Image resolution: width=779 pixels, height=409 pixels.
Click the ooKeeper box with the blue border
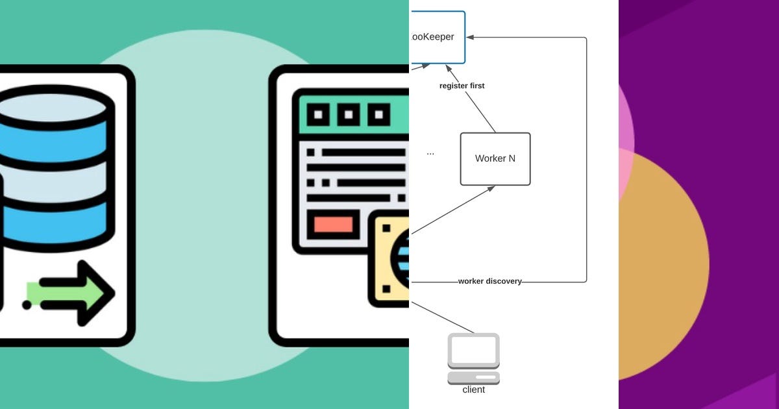tap(437, 37)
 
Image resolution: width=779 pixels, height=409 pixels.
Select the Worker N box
tap(495, 159)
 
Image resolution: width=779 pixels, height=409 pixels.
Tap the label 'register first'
tap(462, 86)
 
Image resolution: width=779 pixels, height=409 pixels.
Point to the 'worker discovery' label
tap(489, 281)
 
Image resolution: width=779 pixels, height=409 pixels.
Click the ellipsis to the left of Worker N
tap(430, 153)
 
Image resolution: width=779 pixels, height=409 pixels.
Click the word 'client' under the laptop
tap(474, 390)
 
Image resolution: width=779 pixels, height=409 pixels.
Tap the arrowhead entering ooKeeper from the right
tap(471, 37)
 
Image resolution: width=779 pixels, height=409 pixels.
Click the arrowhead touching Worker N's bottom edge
tap(491, 188)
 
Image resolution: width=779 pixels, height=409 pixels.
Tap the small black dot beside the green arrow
tap(26, 304)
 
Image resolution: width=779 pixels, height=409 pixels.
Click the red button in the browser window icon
tap(333, 225)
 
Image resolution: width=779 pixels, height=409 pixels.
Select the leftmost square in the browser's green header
tap(318, 116)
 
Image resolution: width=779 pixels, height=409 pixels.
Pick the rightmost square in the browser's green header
tap(378, 116)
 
